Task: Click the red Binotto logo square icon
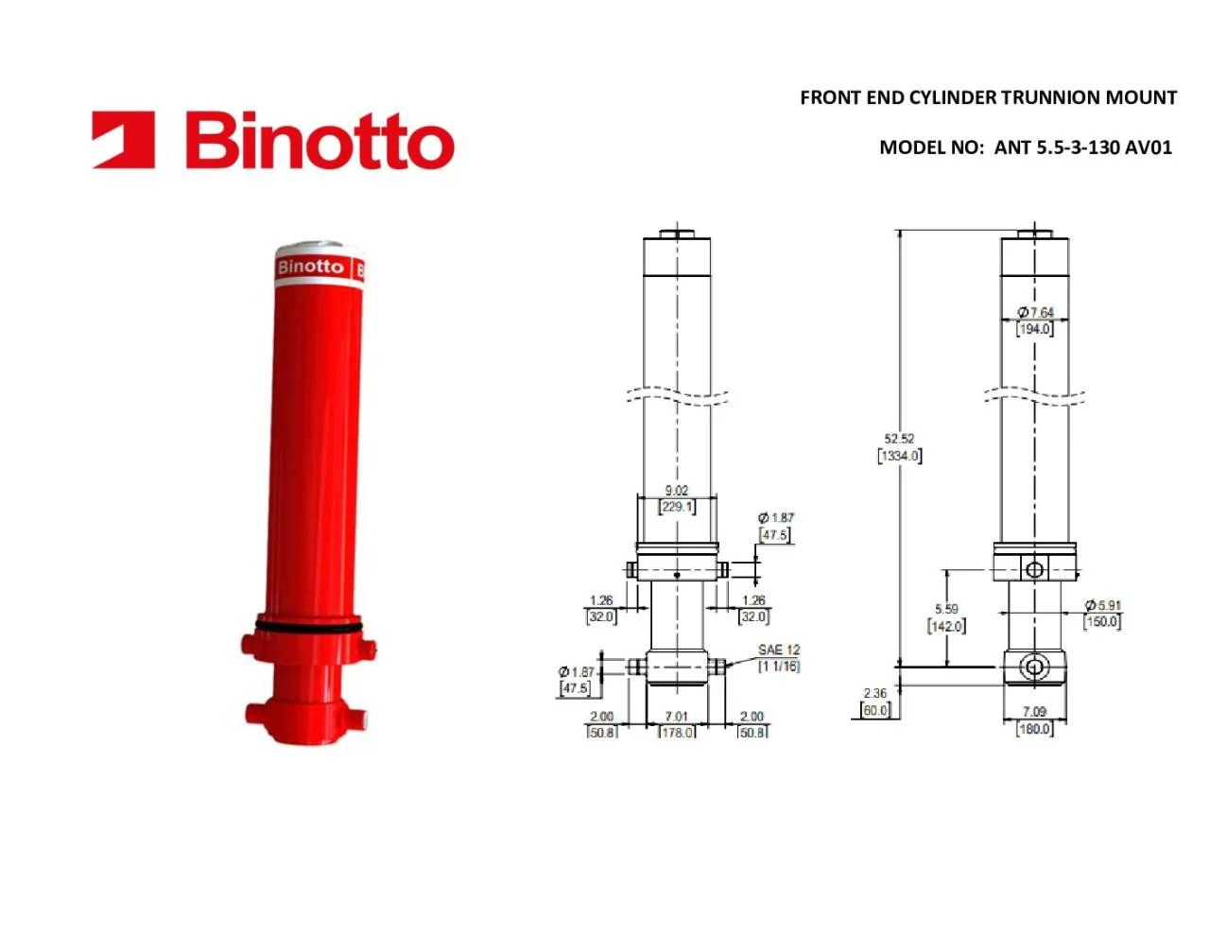123,139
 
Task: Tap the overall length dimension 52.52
899,438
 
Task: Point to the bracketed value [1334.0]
899,456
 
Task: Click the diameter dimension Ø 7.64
1036,312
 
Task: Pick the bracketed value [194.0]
1034,329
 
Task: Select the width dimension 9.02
677,490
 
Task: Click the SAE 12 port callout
778,650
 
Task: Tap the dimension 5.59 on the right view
946,609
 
